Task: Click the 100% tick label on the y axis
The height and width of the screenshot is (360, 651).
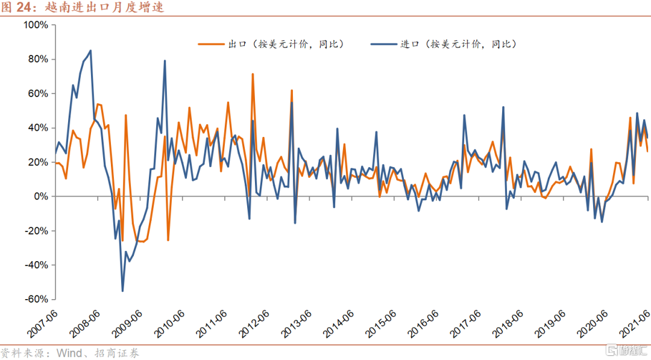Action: coord(36,25)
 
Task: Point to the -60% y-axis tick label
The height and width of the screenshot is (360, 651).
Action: coord(36,300)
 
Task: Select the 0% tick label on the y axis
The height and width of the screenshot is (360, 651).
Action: coord(40,197)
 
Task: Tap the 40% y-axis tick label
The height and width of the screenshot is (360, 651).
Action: coord(37,128)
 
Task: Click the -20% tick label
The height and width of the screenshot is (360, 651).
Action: coord(36,231)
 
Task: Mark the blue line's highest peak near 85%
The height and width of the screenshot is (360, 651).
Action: coord(90,51)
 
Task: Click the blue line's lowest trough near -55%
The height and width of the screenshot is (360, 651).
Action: coord(122,291)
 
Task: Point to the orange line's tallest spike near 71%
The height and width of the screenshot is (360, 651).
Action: coord(253,74)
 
